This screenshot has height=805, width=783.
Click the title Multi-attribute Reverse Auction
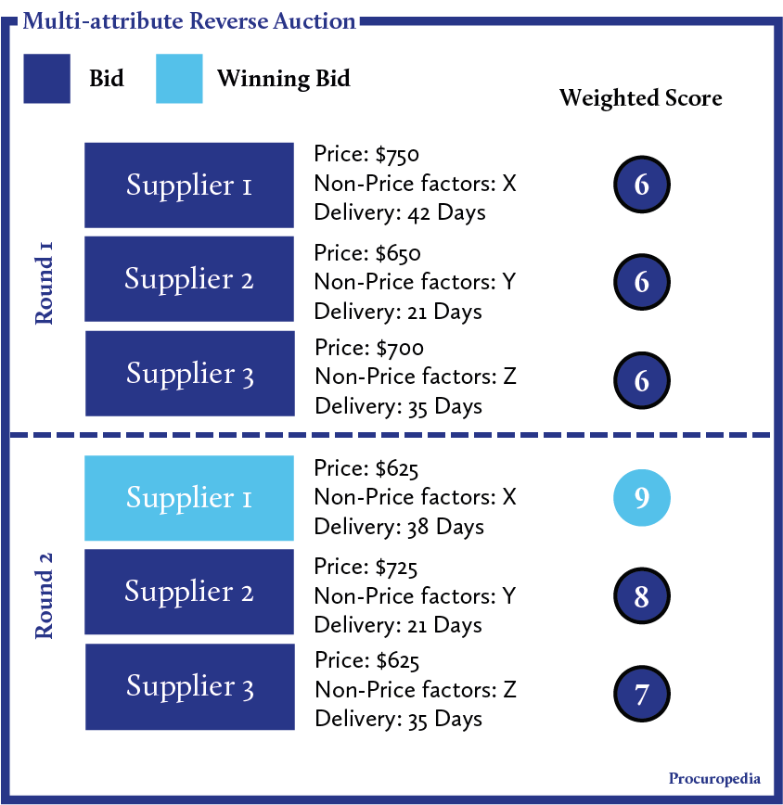click(188, 20)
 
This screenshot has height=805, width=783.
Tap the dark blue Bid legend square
click(46, 79)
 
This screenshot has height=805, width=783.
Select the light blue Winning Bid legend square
click(179, 79)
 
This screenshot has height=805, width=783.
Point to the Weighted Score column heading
click(640, 97)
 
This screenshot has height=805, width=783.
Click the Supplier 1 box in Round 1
click(189, 185)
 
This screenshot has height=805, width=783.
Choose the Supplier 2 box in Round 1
click(189, 279)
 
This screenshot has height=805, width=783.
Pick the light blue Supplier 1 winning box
click(189, 498)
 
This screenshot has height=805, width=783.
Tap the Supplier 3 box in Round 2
click(189, 686)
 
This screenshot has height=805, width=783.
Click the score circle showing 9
click(641, 498)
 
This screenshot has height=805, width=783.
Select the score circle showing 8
click(641, 595)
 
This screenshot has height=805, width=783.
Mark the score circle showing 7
click(641, 693)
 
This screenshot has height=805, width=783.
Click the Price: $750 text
click(367, 154)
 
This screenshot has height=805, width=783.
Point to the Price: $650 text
click(367, 253)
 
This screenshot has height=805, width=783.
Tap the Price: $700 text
click(369, 348)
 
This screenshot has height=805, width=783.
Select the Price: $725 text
click(366, 567)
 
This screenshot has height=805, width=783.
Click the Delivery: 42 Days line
click(400, 212)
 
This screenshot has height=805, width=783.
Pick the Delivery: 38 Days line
click(399, 527)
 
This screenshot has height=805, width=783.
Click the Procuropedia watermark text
click(713, 778)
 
